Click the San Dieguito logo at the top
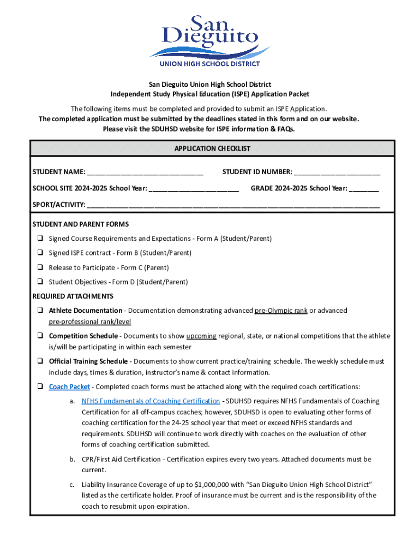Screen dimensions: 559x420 pos(210,41)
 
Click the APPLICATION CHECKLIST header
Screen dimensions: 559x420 pos(212,148)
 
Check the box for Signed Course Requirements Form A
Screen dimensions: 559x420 pos(40,239)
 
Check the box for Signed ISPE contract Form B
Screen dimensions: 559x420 pos(40,253)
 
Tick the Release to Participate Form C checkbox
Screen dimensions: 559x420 pos(40,267)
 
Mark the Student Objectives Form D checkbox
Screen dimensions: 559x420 pos(40,282)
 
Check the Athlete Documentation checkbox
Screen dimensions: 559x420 pos(40,311)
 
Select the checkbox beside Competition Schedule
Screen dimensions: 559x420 pos(40,336)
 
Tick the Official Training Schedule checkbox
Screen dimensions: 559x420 pos(40,361)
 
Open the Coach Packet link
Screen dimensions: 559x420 pos(69,387)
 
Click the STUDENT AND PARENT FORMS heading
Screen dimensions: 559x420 pos(80,224)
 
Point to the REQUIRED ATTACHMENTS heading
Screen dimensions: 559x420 pos(73,296)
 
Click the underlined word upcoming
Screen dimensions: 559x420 pos(201,336)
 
